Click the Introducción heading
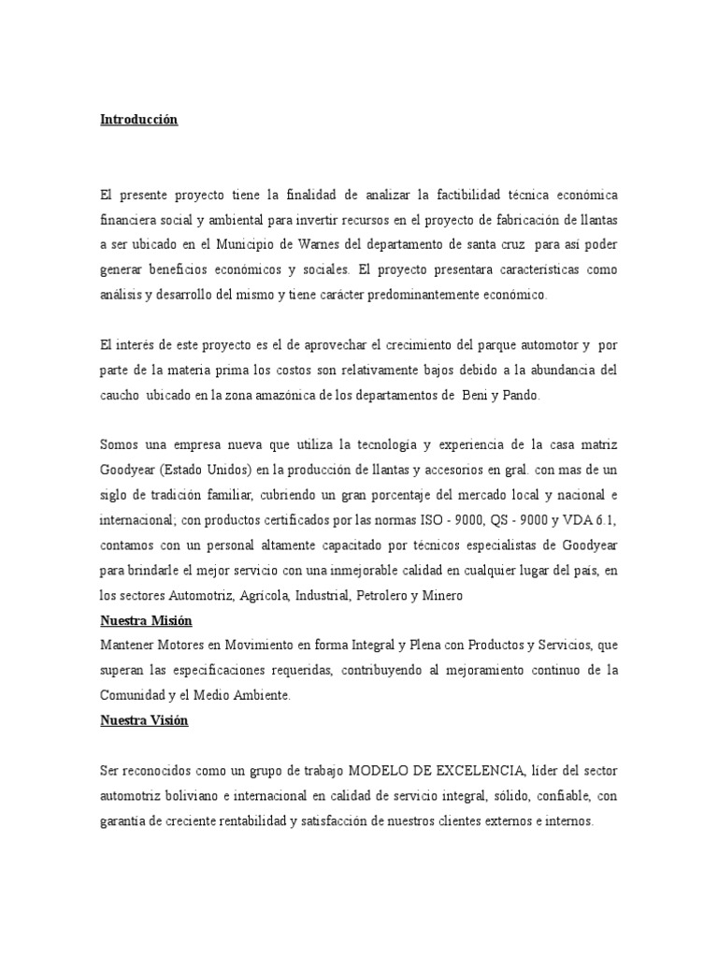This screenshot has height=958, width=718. (x=138, y=121)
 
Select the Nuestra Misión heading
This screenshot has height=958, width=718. (x=143, y=620)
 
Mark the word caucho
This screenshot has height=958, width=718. (x=119, y=396)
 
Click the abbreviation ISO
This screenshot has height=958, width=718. (x=406, y=520)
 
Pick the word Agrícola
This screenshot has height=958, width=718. (x=262, y=595)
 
